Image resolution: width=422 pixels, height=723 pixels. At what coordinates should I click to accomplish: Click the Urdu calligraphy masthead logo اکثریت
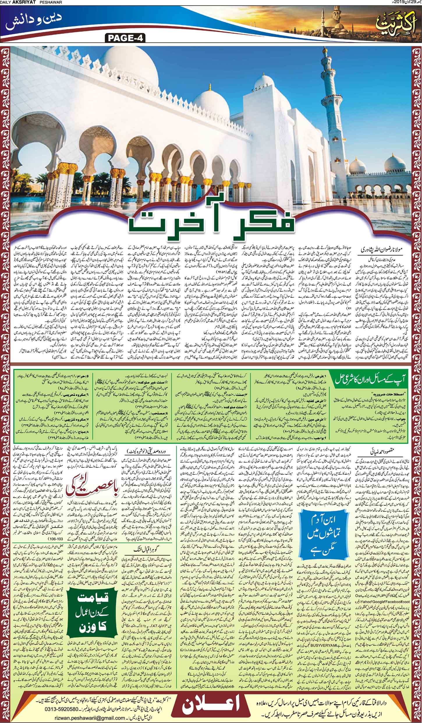[x=396, y=22]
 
